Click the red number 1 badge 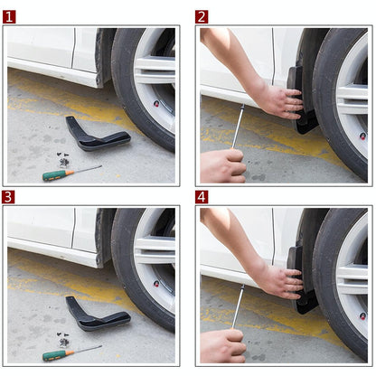(x=9, y=16)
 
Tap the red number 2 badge (x=202, y=16)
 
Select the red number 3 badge (x=9, y=196)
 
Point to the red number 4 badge (x=202, y=196)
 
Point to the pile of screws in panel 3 (x=64, y=340)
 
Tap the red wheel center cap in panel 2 (x=362, y=136)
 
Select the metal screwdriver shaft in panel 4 (x=238, y=307)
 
